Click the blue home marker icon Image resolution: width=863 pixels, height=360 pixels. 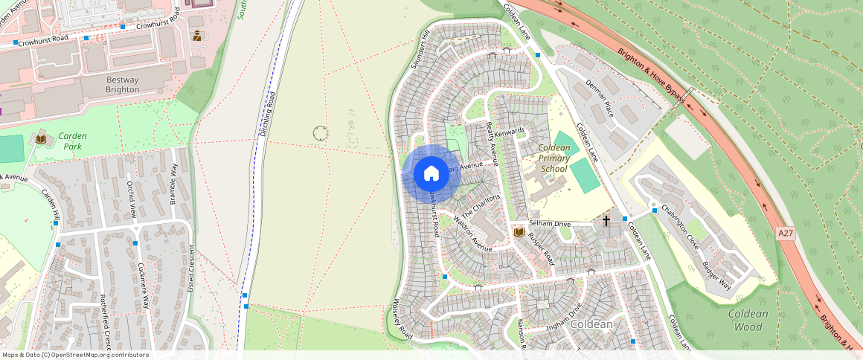[431, 174]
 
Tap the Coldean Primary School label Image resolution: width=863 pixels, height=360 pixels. [554, 158]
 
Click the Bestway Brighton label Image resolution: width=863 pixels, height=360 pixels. [123, 84]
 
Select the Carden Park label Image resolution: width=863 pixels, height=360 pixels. [73, 141]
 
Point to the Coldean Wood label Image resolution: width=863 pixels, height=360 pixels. [748, 320]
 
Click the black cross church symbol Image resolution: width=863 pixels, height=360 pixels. [606, 221]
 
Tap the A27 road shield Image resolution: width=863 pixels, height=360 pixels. [785, 233]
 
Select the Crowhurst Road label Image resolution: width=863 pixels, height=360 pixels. [43, 39]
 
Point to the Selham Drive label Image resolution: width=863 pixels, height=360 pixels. [549, 223]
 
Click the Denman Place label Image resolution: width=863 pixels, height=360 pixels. [599, 98]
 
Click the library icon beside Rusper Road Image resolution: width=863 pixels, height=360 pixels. [519, 234]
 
